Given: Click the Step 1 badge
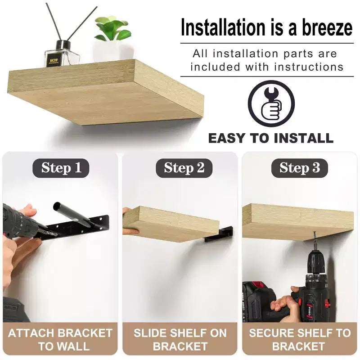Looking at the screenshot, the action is (x=61, y=168).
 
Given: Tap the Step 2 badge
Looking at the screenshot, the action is (x=184, y=168).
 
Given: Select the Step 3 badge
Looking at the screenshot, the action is (x=299, y=168).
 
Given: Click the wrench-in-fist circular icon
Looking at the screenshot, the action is (x=271, y=104).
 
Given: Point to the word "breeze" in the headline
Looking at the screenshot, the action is (x=327, y=27).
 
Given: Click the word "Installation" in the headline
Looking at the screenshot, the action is (x=223, y=27).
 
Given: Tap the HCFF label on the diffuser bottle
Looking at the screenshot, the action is (x=54, y=61).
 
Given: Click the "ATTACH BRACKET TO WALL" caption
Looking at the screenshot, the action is (x=60, y=340).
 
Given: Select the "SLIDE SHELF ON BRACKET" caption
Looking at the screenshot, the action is (x=180, y=340).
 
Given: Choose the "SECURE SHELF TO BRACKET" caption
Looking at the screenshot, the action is (x=300, y=340).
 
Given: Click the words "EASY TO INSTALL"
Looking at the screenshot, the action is (x=271, y=138).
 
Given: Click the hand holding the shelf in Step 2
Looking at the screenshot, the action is (x=130, y=221).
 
